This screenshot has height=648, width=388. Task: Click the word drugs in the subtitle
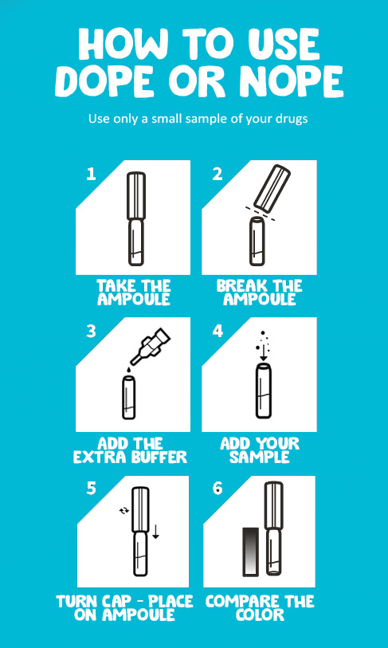click(x=292, y=119)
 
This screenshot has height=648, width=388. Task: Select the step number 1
click(x=91, y=174)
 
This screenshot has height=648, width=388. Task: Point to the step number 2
click(x=218, y=174)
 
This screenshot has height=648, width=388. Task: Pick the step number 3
click(x=91, y=332)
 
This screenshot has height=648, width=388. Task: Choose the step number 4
click(x=218, y=332)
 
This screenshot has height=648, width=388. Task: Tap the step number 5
click(x=92, y=489)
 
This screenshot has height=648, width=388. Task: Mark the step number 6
click(x=218, y=489)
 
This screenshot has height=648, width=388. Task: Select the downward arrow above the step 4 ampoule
click(x=263, y=353)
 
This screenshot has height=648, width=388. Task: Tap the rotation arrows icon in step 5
click(x=123, y=511)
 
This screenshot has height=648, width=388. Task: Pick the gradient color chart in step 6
click(x=250, y=551)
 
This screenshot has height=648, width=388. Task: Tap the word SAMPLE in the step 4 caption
click(x=260, y=457)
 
